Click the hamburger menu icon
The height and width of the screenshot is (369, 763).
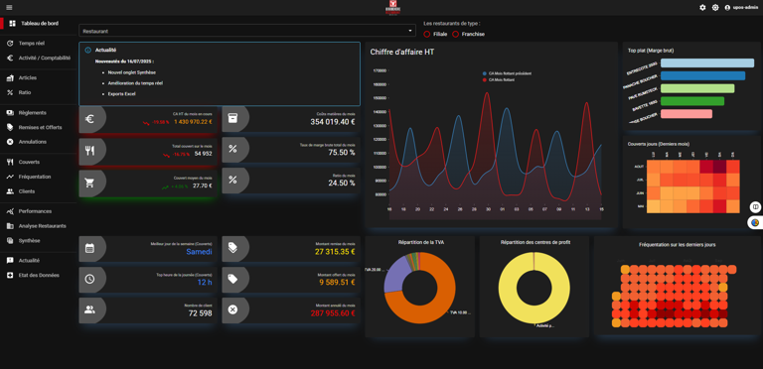(x=9, y=7)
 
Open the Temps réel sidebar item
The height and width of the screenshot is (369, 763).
(x=31, y=44)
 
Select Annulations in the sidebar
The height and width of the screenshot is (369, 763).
(x=33, y=142)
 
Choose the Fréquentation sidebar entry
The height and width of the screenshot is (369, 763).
(x=35, y=177)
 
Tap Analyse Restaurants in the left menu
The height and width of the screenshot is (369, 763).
(x=42, y=226)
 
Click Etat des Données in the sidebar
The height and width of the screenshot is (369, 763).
(x=39, y=275)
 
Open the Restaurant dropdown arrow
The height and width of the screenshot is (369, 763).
(x=410, y=31)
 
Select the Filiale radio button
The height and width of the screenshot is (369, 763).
(x=427, y=34)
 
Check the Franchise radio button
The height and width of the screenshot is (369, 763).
(x=456, y=34)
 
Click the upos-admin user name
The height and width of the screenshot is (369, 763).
(x=745, y=7)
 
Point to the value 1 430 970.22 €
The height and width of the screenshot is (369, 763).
(x=193, y=122)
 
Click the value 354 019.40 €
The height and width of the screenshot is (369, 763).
(x=332, y=122)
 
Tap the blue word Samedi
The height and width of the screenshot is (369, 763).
(x=199, y=252)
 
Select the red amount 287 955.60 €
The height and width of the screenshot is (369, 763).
(x=332, y=313)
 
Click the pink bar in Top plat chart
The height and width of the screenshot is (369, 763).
(x=687, y=114)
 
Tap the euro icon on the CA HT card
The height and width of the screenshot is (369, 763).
(x=90, y=119)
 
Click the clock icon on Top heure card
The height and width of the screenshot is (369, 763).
(x=90, y=279)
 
